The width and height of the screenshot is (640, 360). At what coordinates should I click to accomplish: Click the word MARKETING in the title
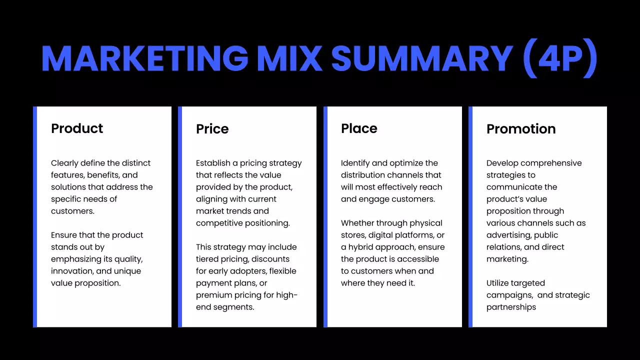click(x=144, y=58)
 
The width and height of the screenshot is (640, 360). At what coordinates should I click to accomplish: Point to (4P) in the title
click(x=559, y=58)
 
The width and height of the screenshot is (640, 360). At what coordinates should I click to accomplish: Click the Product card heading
click(x=77, y=128)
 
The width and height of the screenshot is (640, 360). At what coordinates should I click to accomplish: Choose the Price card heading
click(x=212, y=129)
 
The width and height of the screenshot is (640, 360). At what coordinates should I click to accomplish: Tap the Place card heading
click(x=359, y=128)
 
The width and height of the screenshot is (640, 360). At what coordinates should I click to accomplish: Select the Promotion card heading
click(x=521, y=129)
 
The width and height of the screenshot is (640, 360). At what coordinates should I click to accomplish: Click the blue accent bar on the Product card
click(x=35, y=217)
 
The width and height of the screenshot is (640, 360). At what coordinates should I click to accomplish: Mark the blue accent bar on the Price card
click(x=180, y=217)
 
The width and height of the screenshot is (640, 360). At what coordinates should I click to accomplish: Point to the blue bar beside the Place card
click(x=325, y=217)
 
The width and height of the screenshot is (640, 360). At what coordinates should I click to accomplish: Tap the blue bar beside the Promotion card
click(x=470, y=217)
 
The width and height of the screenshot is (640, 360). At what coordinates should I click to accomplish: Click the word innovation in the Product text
click(x=72, y=271)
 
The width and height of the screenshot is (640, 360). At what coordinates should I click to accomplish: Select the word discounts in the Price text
click(x=270, y=259)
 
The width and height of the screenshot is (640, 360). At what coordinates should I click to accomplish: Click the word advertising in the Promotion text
click(x=508, y=235)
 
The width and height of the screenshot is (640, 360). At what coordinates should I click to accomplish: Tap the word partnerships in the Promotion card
click(x=511, y=307)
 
